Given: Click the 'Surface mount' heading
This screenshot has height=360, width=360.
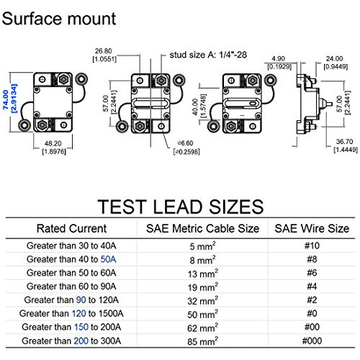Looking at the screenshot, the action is click(x=59, y=19).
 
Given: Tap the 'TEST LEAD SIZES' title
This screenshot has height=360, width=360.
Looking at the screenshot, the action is click(x=181, y=207).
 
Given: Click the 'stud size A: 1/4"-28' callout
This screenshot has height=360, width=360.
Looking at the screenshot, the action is click(x=208, y=55).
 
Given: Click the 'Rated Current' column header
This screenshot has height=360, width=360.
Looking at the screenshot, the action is click(x=71, y=228).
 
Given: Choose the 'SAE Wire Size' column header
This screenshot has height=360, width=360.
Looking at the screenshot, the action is click(x=312, y=228).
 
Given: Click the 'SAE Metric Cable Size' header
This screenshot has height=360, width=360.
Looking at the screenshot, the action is click(x=203, y=228).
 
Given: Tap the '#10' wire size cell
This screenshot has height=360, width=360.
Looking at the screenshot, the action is click(x=312, y=246).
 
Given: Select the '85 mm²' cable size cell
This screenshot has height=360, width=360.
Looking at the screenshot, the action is click(x=203, y=341).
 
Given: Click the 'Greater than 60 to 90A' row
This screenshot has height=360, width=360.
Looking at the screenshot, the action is click(x=71, y=287).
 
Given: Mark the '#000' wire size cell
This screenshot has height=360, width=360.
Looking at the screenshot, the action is click(x=312, y=341).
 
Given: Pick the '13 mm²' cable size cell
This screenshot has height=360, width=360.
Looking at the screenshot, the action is click(x=203, y=273).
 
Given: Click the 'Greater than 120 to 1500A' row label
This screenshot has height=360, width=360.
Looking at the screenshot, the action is click(x=71, y=313).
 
